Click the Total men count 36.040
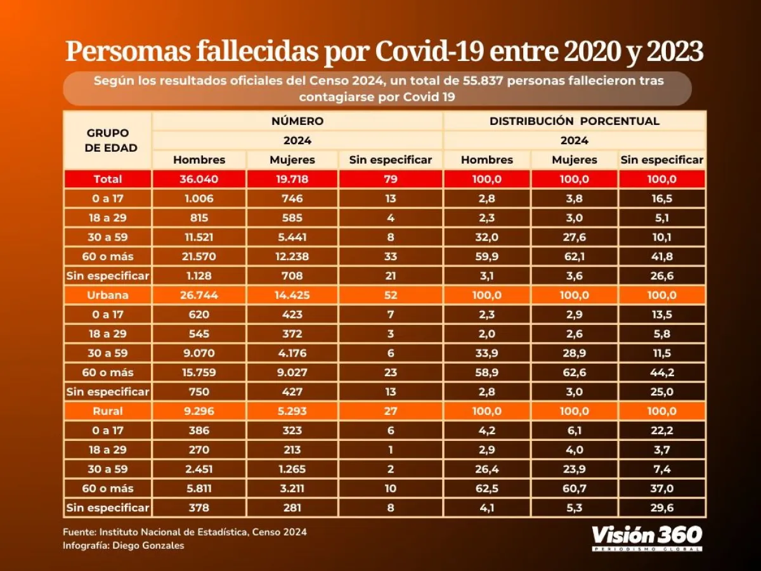[x=200, y=180]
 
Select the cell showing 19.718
[x=292, y=180]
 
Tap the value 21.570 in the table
[x=200, y=257]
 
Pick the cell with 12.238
[x=292, y=257]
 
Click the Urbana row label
[x=108, y=296]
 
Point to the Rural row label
[x=108, y=411]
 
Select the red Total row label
[x=108, y=180]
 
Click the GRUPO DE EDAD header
[x=108, y=140]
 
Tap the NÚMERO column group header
[x=297, y=121]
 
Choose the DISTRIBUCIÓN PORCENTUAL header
[x=575, y=121]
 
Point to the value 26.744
[x=200, y=296]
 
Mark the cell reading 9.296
[x=200, y=411]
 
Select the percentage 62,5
[x=487, y=489]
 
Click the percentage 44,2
[x=662, y=372]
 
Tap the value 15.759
[x=200, y=372]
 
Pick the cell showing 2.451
[x=200, y=469]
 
